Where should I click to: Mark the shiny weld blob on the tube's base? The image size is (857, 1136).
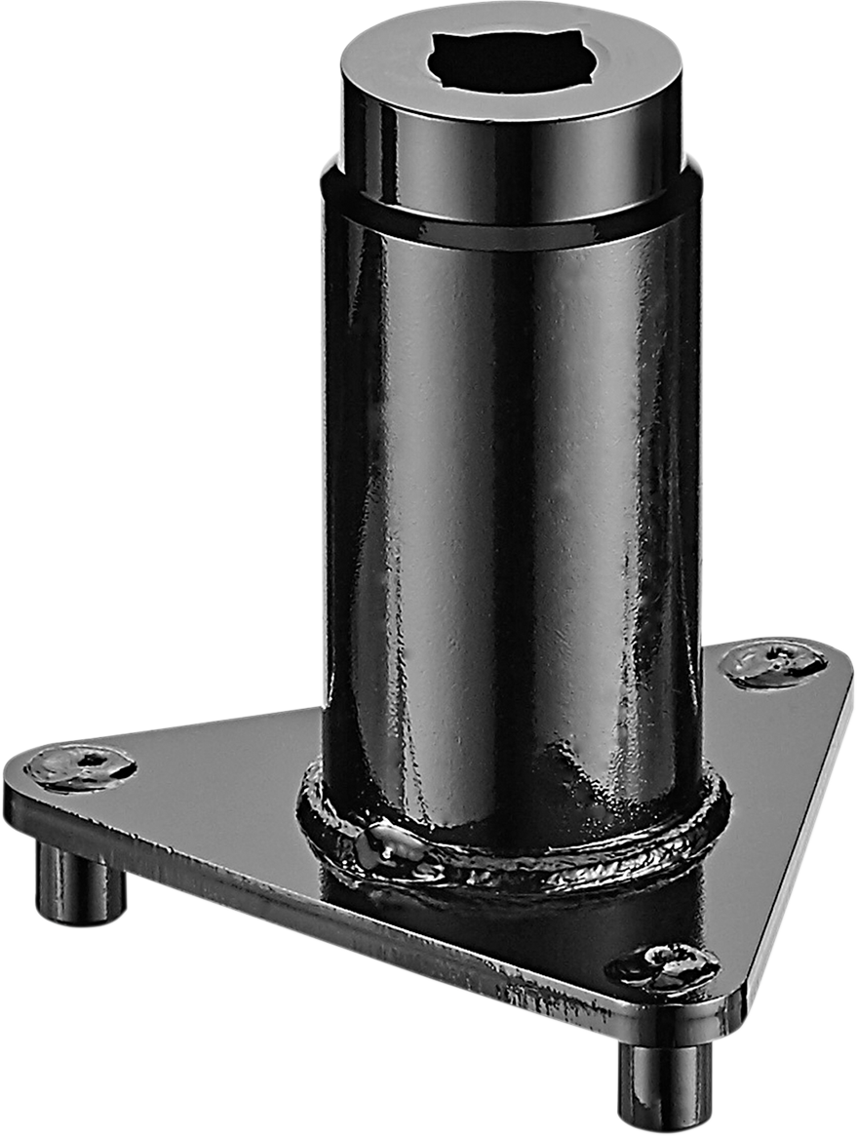tap(390, 841)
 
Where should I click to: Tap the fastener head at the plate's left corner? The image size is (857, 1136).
tap(80, 765)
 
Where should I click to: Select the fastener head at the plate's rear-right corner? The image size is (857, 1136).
tap(773, 663)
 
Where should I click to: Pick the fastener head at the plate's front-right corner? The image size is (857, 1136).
tap(663, 965)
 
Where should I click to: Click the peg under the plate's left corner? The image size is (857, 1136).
tap(81, 882)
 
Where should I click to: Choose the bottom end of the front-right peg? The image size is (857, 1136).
tap(666, 1121)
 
